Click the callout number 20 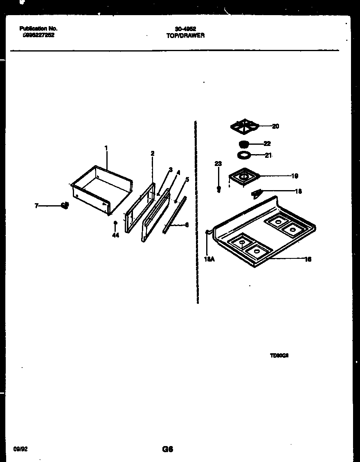point(275,126)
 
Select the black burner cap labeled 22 point(243,144)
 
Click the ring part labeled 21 point(244,155)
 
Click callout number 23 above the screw point(218,164)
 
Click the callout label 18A point(209,259)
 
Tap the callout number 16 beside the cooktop point(308,259)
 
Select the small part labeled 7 point(65,205)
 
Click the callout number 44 point(115,235)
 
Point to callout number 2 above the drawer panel point(152,154)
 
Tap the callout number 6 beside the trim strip point(187,224)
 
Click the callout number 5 point(187,179)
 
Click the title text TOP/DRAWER point(185,36)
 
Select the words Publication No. point(38,29)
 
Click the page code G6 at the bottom point(167,449)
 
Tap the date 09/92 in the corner point(20,449)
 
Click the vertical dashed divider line point(196,213)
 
